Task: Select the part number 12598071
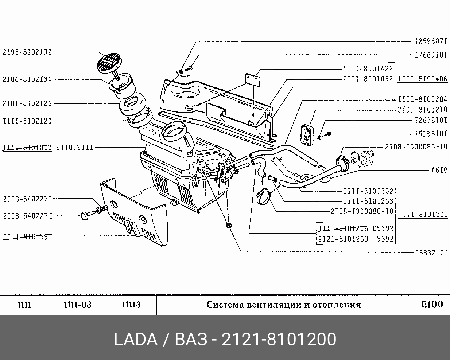pos(431,42)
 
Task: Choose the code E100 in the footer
pos(432,304)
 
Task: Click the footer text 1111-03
pos(77,305)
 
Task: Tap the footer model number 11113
pos(131,305)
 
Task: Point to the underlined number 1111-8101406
pos(423,79)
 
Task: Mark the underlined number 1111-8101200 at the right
pos(423,215)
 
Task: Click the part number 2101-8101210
pos(423,110)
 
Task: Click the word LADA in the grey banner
pos(135,340)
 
